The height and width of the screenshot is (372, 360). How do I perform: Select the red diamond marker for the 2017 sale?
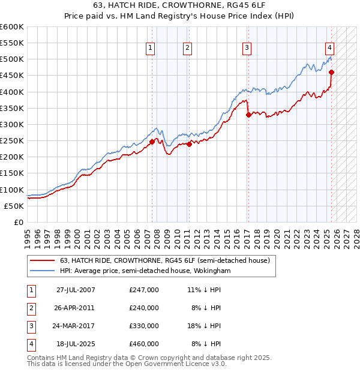coord(248,115)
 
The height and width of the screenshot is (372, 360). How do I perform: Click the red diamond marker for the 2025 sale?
coord(331,73)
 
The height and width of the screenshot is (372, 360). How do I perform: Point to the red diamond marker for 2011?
coord(188,144)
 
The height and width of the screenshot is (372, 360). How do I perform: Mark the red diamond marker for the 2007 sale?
coord(152,142)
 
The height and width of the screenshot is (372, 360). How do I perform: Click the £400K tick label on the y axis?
coord(12,92)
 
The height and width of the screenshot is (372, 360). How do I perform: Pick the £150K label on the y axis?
coord(12,173)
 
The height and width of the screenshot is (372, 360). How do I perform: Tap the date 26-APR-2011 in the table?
coord(75,307)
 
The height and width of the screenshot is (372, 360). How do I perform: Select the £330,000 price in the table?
coord(144,326)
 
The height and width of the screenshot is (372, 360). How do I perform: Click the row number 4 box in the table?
coord(30,344)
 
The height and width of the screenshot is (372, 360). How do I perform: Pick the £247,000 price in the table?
coord(144,289)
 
